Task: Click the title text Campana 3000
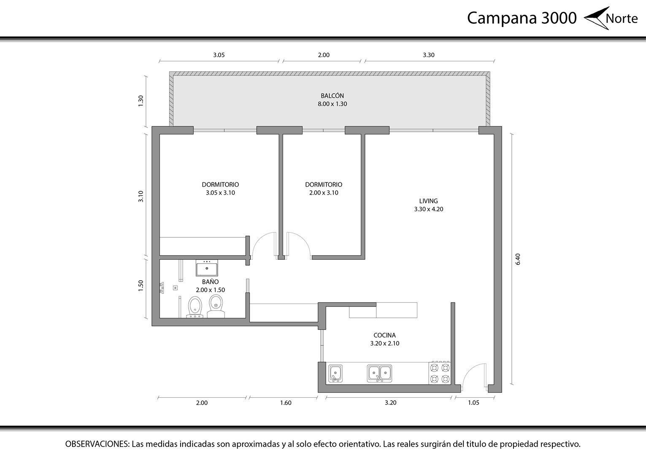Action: (522, 18)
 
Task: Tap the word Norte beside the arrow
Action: (622, 19)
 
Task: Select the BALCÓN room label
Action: (332, 95)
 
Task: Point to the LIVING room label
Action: (428, 201)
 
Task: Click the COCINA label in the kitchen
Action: (384, 335)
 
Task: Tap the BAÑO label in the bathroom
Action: (210, 281)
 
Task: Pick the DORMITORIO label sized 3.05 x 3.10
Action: (220, 185)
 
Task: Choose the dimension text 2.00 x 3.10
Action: (324, 193)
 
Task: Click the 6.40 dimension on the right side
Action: (518, 259)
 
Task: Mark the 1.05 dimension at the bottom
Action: (473, 403)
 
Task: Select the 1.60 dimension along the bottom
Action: (286, 403)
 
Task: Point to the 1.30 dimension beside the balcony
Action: (141, 101)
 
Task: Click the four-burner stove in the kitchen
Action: (440, 373)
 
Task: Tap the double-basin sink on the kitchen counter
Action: (379, 374)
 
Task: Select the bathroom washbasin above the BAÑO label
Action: (207, 268)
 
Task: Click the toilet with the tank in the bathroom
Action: (216, 306)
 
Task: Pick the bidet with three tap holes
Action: (195, 307)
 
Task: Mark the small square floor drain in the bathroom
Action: (176, 288)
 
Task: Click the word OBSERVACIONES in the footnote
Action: (97, 444)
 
